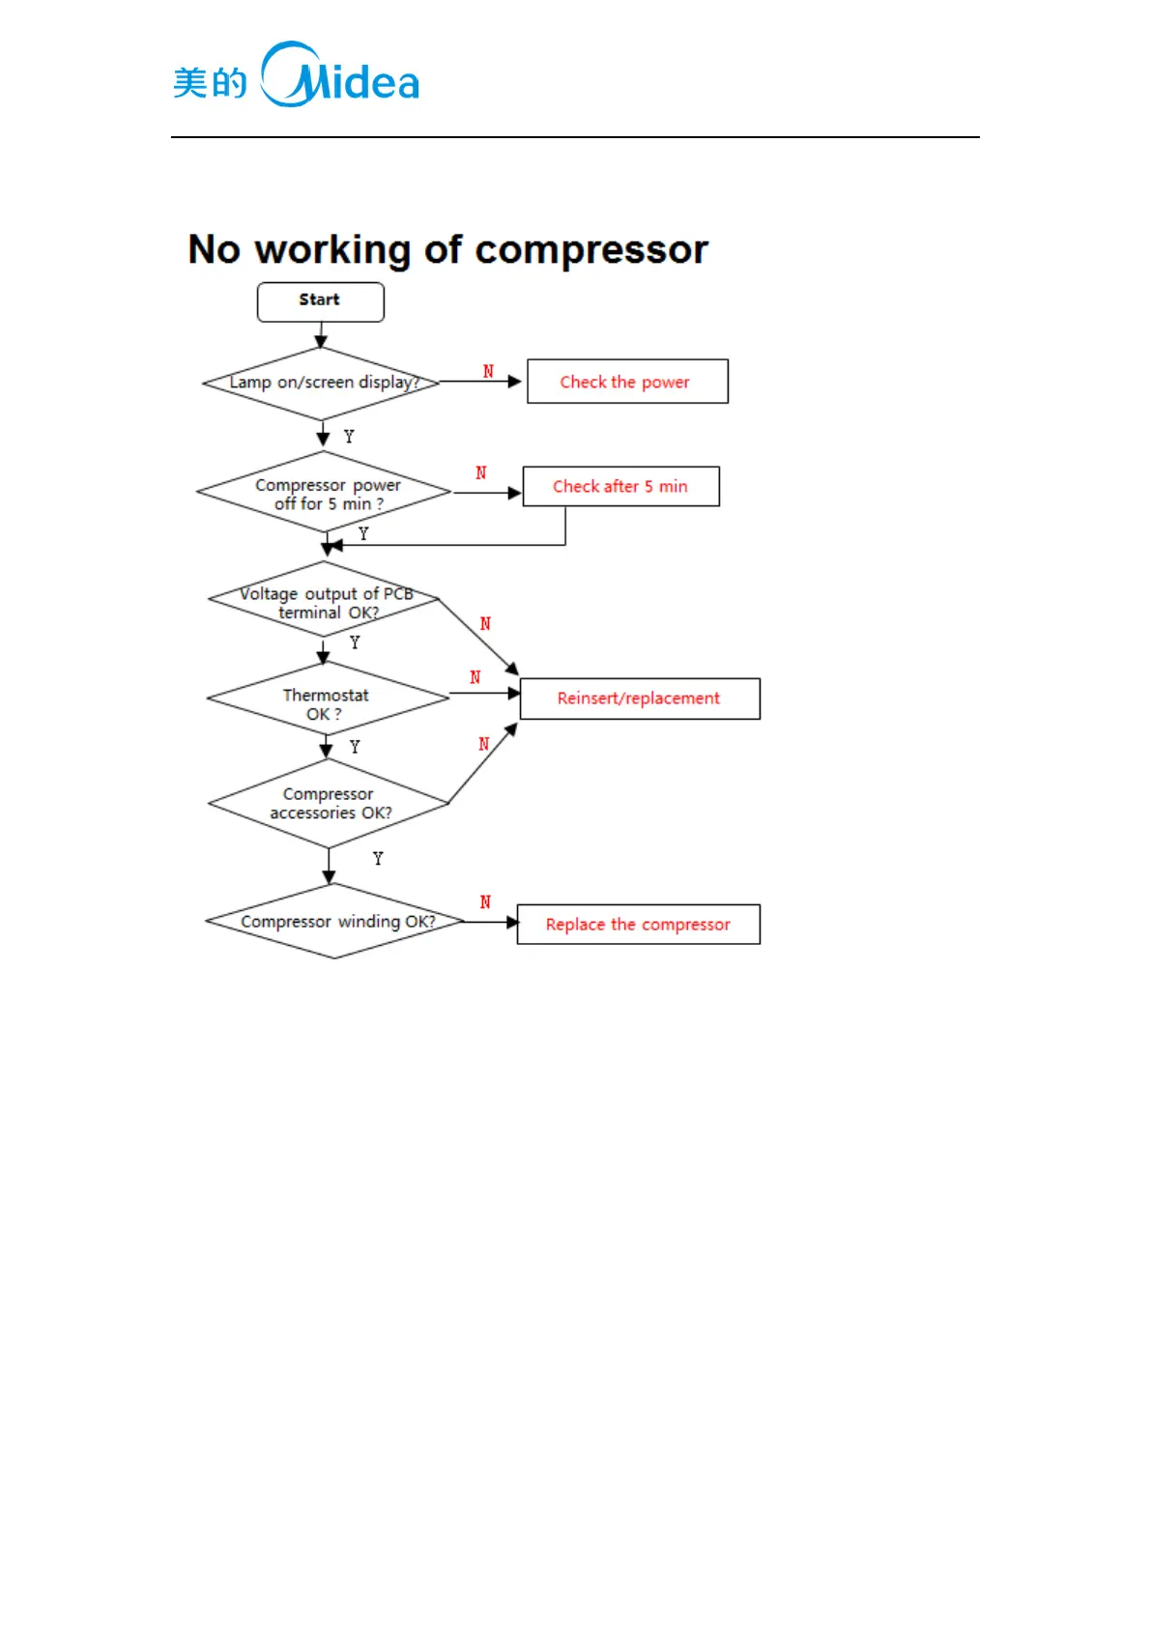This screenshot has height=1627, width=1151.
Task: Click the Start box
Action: (x=320, y=301)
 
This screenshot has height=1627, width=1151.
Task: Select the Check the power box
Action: (x=626, y=382)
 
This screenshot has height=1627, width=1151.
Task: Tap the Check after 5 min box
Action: (x=620, y=486)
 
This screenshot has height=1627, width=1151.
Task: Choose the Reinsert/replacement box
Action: (x=639, y=699)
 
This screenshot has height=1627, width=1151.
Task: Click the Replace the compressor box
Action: (x=638, y=925)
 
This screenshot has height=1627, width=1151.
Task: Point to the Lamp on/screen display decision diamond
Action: (x=322, y=384)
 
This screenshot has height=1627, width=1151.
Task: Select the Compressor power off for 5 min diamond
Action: (x=325, y=493)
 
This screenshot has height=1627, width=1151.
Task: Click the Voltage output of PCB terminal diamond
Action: (x=325, y=601)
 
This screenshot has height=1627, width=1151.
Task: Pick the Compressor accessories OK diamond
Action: (x=329, y=803)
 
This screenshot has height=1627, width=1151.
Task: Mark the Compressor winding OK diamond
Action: (x=335, y=922)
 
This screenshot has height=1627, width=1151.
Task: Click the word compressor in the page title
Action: (x=591, y=250)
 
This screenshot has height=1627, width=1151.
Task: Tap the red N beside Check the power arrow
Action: (x=488, y=372)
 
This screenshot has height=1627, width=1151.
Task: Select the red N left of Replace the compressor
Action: (x=485, y=902)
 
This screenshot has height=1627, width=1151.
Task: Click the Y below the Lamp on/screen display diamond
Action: (x=349, y=437)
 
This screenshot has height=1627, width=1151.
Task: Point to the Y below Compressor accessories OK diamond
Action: (x=378, y=859)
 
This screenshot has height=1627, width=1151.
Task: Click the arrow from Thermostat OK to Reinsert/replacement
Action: (x=484, y=694)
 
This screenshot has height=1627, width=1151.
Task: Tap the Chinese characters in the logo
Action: (x=210, y=83)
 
